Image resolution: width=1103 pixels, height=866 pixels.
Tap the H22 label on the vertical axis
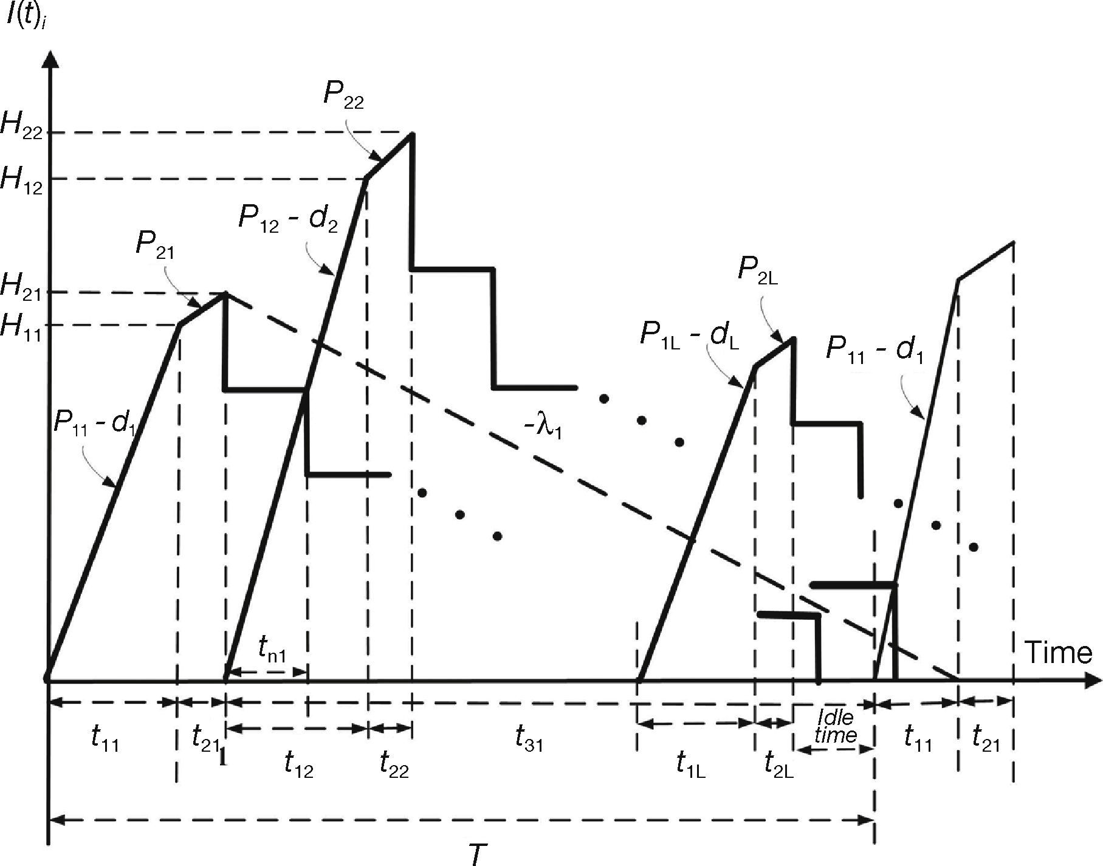pos(22,126)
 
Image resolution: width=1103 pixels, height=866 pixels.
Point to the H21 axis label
pos(22,286)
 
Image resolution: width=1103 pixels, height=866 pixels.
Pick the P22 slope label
pos(343,96)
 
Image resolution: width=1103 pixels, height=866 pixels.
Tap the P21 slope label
pos(154,245)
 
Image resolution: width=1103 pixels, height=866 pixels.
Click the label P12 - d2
pos(288,219)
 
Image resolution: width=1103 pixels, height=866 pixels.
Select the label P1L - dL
pos(689,336)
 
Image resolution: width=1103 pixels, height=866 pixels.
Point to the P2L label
pos(757,270)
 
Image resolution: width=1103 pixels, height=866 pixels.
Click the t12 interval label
pos(298,765)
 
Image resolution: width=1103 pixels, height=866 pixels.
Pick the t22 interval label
pos(394,765)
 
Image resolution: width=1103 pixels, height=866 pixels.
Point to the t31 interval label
pos(529,739)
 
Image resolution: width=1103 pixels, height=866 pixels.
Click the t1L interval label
pos(690,765)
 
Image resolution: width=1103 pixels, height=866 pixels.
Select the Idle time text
pos(835,726)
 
